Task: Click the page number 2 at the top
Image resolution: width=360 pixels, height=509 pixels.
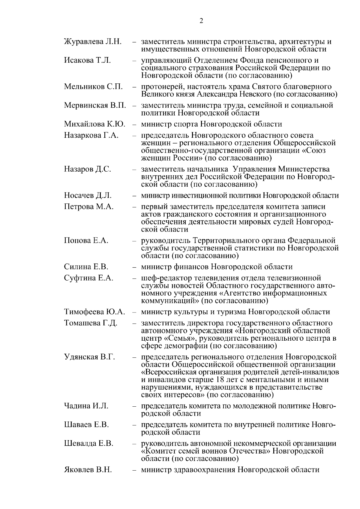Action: (201, 21)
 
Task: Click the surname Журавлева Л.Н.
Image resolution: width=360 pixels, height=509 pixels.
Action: (93, 41)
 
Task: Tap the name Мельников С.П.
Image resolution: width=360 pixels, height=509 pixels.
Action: (93, 87)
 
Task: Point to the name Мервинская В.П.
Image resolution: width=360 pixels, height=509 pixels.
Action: (95, 105)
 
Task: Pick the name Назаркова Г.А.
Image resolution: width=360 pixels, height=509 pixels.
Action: (91, 135)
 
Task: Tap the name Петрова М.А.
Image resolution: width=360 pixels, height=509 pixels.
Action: (89, 206)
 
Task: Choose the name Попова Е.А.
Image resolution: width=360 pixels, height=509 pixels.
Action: (86, 240)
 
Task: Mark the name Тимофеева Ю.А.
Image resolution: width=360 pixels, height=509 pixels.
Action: (94, 312)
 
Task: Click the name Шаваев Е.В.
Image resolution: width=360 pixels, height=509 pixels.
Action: (86, 425)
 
